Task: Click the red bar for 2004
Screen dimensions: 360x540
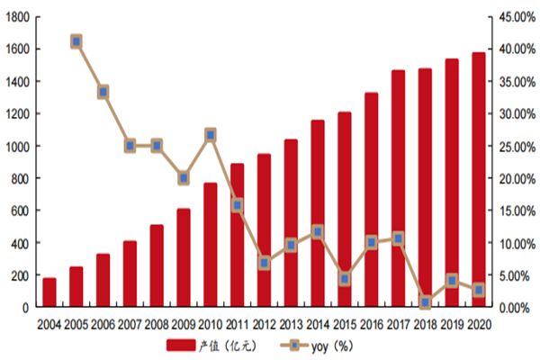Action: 49,293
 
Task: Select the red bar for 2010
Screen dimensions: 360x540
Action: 210,245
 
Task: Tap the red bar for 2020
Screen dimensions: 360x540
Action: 478,180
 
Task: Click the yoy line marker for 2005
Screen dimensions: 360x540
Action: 76,41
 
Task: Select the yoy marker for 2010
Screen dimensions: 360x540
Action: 210,135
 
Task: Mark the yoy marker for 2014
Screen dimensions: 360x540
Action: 318,232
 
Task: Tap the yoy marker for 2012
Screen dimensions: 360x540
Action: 264,263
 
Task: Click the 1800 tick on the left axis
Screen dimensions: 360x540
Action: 17,17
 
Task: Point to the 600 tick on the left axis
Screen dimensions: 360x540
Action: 20,211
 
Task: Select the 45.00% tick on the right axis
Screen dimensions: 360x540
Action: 515,17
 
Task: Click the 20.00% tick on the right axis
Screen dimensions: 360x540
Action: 515,179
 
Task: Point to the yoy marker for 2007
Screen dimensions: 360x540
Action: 130,146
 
